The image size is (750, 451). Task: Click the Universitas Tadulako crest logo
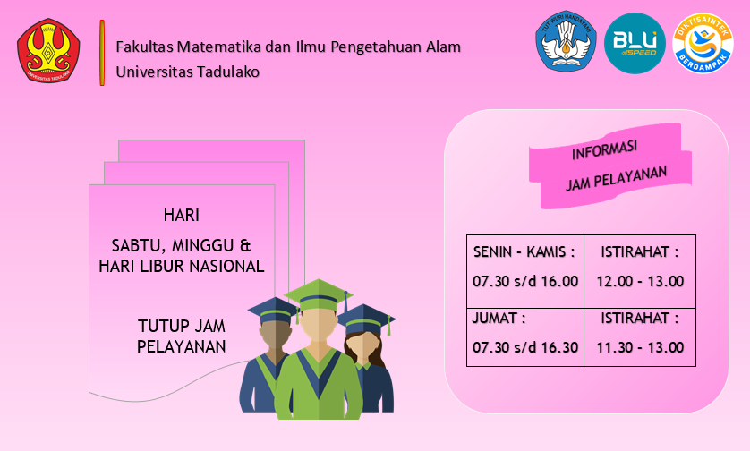pyautogui.click(x=48, y=51)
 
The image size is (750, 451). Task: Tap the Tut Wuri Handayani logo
pyautogui.click(x=566, y=41)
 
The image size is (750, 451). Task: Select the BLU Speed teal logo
pyautogui.click(x=635, y=43)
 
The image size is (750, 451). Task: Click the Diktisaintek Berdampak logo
pyautogui.click(x=703, y=43)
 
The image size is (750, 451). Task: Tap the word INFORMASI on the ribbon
pyautogui.click(x=605, y=150)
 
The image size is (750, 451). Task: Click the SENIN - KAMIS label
pyautogui.click(x=524, y=251)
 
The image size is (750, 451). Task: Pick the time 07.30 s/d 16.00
pyautogui.click(x=525, y=281)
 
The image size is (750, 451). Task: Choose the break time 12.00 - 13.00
pyautogui.click(x=640, y=281)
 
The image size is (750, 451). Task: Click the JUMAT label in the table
pyautogui.click(x=499, y=318)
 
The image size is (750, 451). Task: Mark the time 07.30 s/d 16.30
pyautogui.click(x=525, y=347)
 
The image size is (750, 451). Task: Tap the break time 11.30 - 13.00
pyautogui.click(x=640, y=347)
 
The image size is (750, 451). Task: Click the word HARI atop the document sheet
pyautogui.click(x=182, y=216)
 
